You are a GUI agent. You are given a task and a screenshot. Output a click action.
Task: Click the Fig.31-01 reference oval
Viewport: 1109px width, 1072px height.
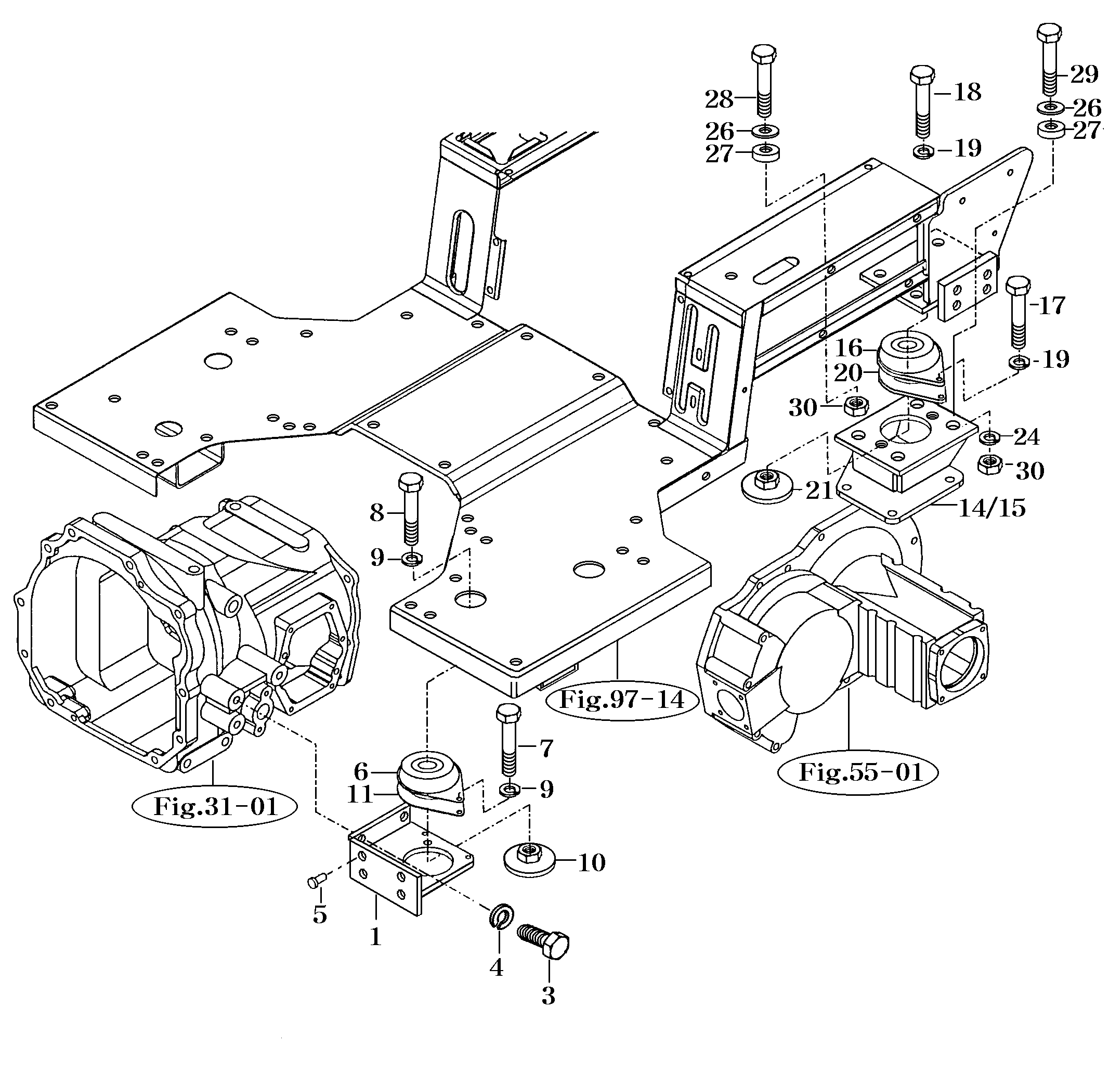point(216,806)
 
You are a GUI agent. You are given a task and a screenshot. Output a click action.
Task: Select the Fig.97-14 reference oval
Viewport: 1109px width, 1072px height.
point(622,700)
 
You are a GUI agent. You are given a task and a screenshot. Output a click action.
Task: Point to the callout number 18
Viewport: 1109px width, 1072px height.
point(968,92)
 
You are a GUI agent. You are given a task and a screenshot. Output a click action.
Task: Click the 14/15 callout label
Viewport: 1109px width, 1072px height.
point(991,508)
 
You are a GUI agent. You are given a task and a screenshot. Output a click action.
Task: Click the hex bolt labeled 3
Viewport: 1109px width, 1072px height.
point(546,942)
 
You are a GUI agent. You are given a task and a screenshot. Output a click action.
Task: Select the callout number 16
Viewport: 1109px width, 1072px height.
point(849,347)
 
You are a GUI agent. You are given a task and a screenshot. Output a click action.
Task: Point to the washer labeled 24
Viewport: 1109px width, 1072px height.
point(989,437)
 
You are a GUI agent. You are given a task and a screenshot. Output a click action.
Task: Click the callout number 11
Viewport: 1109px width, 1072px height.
point(360,794)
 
